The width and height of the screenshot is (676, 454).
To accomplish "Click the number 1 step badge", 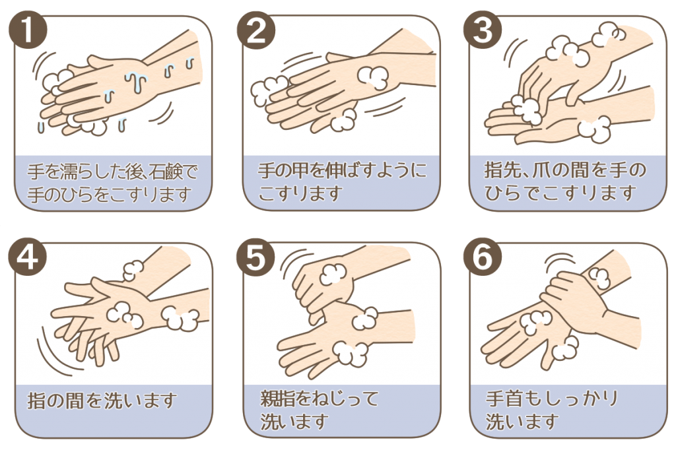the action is tap(28, 29).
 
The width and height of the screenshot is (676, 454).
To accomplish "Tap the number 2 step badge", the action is tap(255, 29).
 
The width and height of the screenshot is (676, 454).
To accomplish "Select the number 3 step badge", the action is tap(483, 29).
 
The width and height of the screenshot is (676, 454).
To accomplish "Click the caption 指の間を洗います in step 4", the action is tap(102, 401).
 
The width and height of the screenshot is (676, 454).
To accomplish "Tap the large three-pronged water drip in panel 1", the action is tap(136, 82).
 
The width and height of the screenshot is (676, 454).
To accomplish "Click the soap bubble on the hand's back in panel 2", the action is tap(372, 77).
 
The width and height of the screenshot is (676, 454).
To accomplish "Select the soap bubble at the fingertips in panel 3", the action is tap(526, 110).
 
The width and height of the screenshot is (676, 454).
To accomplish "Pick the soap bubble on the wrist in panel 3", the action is tap(595, 129).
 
